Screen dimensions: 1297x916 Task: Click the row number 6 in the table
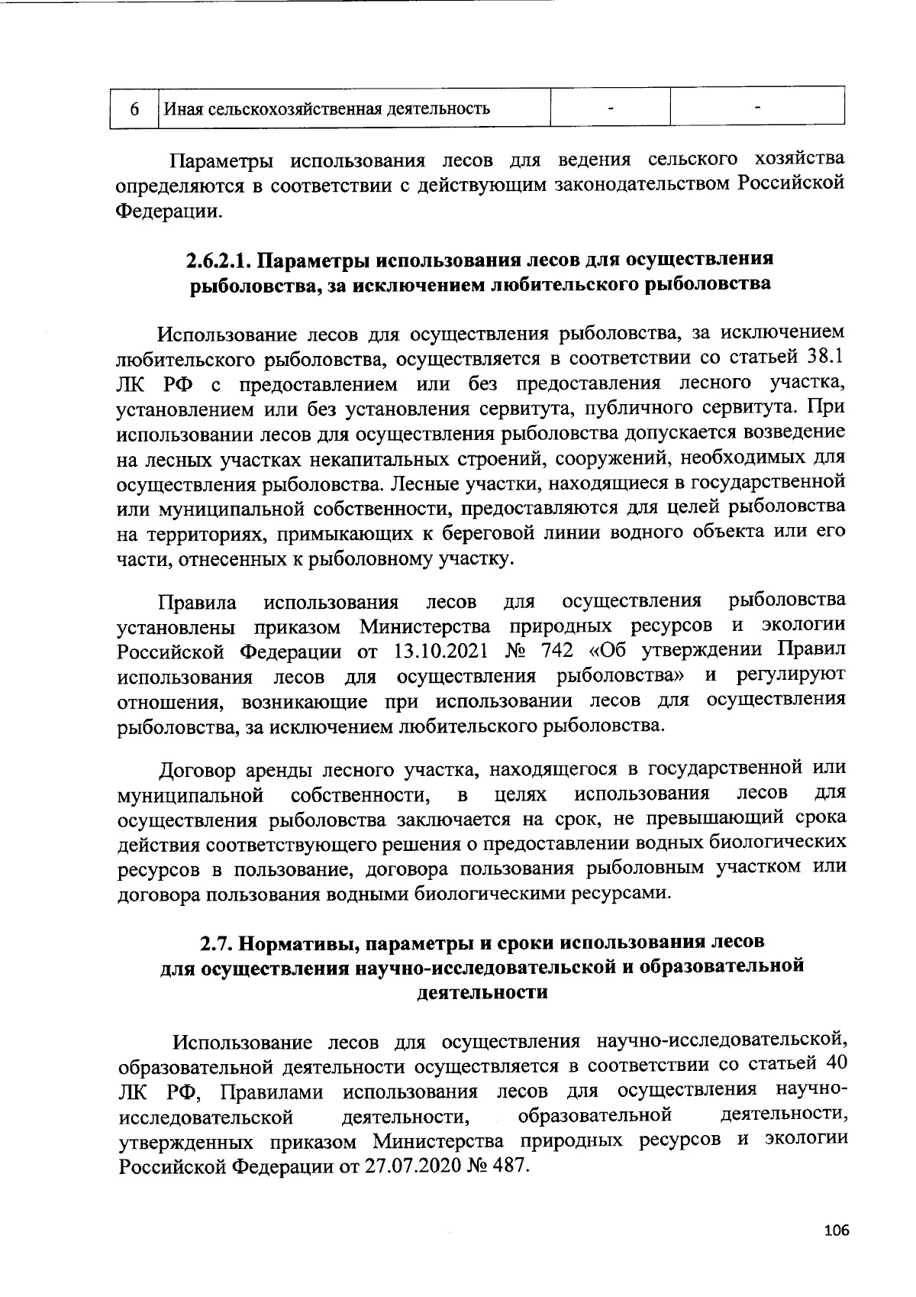[133, 108]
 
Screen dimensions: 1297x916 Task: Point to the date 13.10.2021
[440, 652]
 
